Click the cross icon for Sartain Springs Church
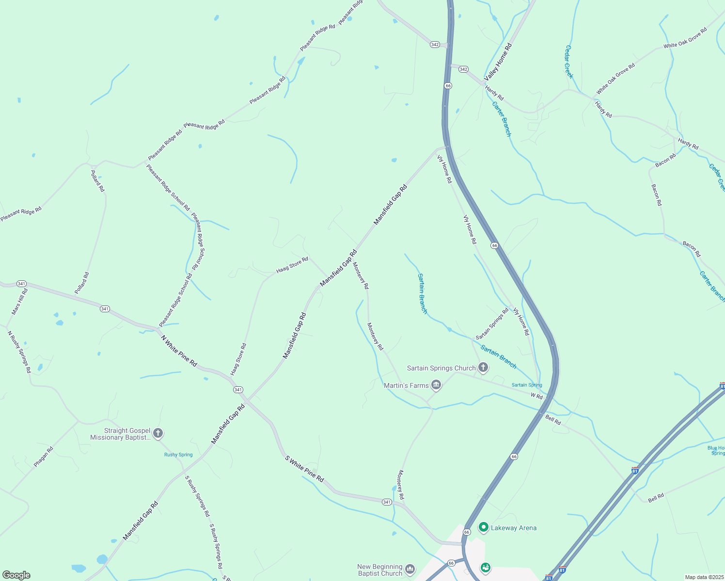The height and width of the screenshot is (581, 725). point(483,367)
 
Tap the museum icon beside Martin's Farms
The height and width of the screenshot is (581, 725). point(436,385)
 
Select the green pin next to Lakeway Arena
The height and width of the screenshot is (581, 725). point(483,527)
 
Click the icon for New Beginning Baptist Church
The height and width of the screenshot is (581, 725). point(410,569)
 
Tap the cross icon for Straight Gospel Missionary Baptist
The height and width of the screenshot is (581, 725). point(158,433)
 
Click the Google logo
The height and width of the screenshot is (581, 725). point(16,575)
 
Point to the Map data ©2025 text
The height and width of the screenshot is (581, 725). point(704,577)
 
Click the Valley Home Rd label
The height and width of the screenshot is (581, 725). point(498,62)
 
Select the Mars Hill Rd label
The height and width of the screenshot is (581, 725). point(20,302)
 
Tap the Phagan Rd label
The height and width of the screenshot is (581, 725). point(43,457)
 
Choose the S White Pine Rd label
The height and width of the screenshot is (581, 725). point(304,468)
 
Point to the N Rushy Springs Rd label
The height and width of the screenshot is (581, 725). point(19,352)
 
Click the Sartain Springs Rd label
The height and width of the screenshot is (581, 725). point(492,324)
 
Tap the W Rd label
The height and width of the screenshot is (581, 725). point(536,396)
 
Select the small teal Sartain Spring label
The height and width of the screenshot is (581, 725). point(527,385)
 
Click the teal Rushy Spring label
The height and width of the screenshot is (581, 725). point(178,455)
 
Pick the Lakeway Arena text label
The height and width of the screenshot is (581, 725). point(514,528)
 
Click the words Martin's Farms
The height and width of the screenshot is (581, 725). point(406,385)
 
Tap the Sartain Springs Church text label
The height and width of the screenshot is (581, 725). point(441,368)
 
